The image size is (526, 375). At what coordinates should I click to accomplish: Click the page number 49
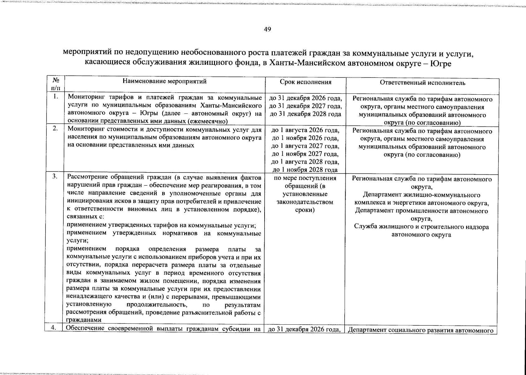(267, 29)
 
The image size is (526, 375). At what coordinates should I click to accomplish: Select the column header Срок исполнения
(305, 82)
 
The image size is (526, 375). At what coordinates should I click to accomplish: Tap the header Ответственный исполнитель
(422, 83)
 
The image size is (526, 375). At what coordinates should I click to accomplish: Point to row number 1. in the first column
(55, 97)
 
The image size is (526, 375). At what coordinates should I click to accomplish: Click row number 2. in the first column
(55, 128)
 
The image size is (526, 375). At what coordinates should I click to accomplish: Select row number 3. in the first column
(55, 177)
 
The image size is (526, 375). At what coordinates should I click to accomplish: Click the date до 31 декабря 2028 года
(305, 114)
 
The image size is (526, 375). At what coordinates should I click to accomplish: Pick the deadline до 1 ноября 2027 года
(305, 154)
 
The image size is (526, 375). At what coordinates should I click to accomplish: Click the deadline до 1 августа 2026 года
(305, 130)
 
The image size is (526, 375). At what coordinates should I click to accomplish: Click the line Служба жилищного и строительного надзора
(421, 227)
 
